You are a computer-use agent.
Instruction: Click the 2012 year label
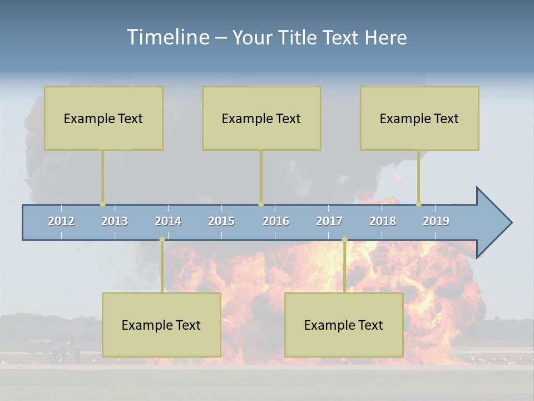click(x=61, y=221)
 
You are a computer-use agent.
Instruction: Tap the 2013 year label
click(x=115, y=221)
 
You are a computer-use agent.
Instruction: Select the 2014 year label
click(x=168, y=221)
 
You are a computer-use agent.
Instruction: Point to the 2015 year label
click(x=221, y=221)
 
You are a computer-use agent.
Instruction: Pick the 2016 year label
click(x=276, y=221)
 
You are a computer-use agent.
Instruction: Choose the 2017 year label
click(x=329, y=221)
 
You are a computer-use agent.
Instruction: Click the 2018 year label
click(x=383, y=221)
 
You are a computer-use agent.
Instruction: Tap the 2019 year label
click(x=436, y=221)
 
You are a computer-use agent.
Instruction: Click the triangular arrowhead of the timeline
click(x=493, y=222)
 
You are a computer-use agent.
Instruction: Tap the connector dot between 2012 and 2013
click(x=102, y=204)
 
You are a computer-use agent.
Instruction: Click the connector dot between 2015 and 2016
click(x=261, y=204)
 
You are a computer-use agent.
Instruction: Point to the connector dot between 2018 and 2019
click(x=418, y=204)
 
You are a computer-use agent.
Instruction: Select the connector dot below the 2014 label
click(x=162, y=239)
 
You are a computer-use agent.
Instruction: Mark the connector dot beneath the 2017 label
click(x=344, y=239)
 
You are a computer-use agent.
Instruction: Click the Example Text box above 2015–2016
click(x=261, y=118)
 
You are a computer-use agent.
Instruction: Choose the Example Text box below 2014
click(x=161, y=325)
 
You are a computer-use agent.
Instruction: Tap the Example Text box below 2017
click(x=344, y=325)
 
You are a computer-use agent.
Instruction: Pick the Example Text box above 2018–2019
click(x=419, y=118)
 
